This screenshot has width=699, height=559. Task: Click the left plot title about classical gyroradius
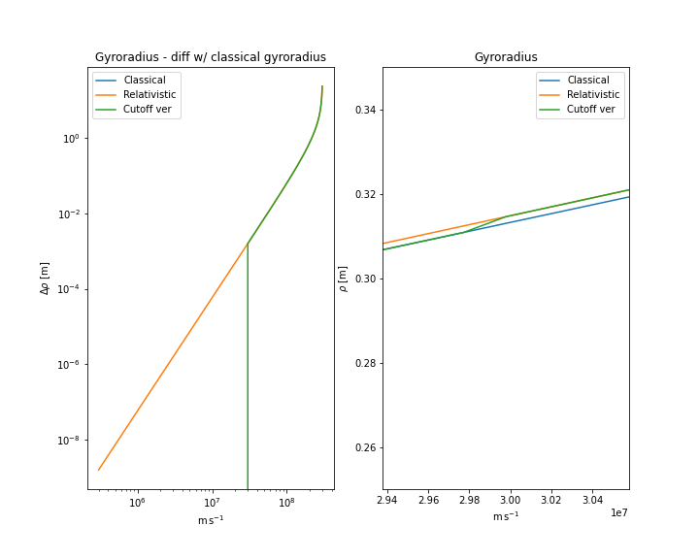point(210,57)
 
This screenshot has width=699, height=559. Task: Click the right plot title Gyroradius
point(505,57)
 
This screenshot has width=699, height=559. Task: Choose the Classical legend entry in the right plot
point(587,80)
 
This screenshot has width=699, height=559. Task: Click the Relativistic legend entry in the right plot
point(592,94)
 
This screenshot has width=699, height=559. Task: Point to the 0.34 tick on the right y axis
point(363,110)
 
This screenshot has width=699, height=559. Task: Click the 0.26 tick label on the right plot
point(363,448)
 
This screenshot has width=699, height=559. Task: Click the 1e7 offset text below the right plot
point(619,512)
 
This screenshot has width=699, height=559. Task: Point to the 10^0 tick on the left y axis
point(71,139)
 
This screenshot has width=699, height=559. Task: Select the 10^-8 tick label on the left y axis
point(69,441)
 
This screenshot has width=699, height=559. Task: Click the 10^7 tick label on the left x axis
point(212,503)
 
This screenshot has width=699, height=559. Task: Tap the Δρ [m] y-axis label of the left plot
point(45,278)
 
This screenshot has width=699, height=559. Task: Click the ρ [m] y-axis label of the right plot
point(343,278)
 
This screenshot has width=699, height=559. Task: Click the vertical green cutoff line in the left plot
point(248,388)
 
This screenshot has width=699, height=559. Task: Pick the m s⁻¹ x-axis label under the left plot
point(210,520)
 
